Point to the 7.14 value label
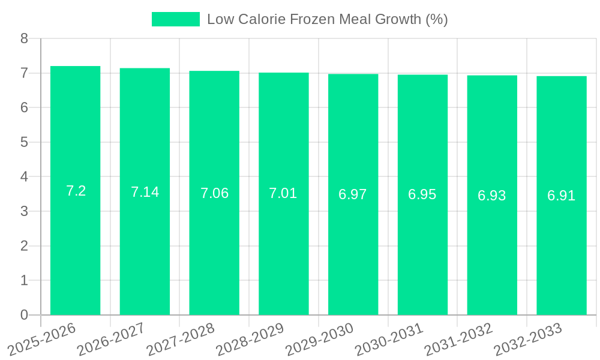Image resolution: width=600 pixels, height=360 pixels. click(x=145, y=192)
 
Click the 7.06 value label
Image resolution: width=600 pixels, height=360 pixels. click(x=214, y=193)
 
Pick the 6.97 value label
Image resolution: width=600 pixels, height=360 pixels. click(x=353, y=194)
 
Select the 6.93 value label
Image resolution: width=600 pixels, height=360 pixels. click(x=492, y=196)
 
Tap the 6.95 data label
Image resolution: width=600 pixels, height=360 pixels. click(x=422, y=194)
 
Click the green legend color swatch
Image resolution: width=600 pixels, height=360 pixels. click(x=175, y=19)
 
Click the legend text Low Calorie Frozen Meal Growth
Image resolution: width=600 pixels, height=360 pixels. click(x=327, y=19)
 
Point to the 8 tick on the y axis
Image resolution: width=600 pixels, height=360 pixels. click(x=24, y=38)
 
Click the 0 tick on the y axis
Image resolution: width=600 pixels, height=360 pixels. click(x=24, y=315)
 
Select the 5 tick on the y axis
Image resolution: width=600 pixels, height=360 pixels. click(x=24, y=142)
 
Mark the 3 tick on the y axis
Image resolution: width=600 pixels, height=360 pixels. click(x=24, y=211)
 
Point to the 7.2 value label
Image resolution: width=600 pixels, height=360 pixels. click(x=76, y=191)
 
